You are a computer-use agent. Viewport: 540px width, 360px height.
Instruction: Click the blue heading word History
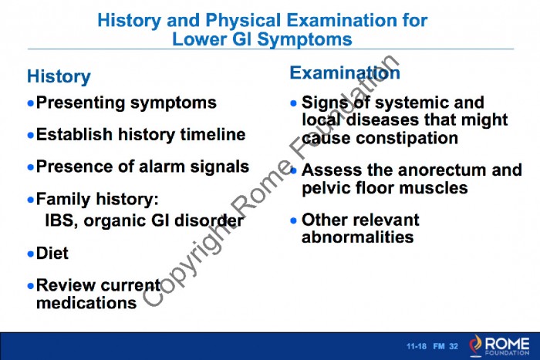click(59, 76)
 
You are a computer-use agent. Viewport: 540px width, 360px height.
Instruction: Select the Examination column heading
click(345, 72)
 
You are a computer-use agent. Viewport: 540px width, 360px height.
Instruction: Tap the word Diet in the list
click(52, 253)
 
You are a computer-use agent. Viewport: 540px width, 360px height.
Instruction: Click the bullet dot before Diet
click(31, 254)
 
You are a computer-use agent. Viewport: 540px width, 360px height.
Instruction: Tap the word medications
click(86, 303)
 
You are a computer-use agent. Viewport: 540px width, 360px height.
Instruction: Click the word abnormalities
click(357, 237)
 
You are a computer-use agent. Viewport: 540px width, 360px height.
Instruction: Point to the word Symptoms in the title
click(305, 39)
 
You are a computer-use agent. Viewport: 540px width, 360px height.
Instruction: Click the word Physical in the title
click(243, 20)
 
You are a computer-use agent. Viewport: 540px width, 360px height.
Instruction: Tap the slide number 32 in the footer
click(454, 346)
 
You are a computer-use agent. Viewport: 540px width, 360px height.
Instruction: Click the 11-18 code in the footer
click(416, 346)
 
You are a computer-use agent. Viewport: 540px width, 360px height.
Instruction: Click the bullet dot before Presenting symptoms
click(31, 103)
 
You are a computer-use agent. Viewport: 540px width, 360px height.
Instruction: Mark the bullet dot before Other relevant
click(293, 220)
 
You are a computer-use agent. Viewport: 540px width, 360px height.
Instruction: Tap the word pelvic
click(326, 188)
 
